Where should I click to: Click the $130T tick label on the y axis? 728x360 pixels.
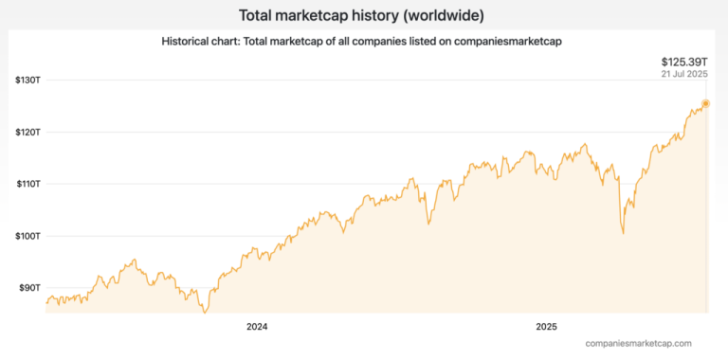pyautogui.click(x=27, y=80)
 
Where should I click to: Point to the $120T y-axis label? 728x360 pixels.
pyautogui.click(x=27, y=132)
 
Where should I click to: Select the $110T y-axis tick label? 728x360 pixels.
pyautogui.click(x=27, y=184)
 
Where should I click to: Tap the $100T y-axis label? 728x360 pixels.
pyautogui.click(x=27, y=236)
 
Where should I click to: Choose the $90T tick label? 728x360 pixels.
pyautogui.click(x=29, y=287)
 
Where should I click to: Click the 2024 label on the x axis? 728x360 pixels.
pyautogui.click(x=256, y=327)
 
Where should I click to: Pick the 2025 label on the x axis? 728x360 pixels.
pyautogui.click(x=546, y=327)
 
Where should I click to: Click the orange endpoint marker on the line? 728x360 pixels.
pyautogui.click(x=705, y=103)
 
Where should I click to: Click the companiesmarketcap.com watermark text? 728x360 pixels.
pyautogui.click(x=638, y=343)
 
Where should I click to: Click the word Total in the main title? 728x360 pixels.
pyautogui.click(x=258, y=15)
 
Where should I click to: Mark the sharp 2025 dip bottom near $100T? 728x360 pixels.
pyautogui.click(x=623, y=232)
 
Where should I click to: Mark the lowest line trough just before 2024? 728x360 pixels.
pyautogui.click(x=205, y=311)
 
